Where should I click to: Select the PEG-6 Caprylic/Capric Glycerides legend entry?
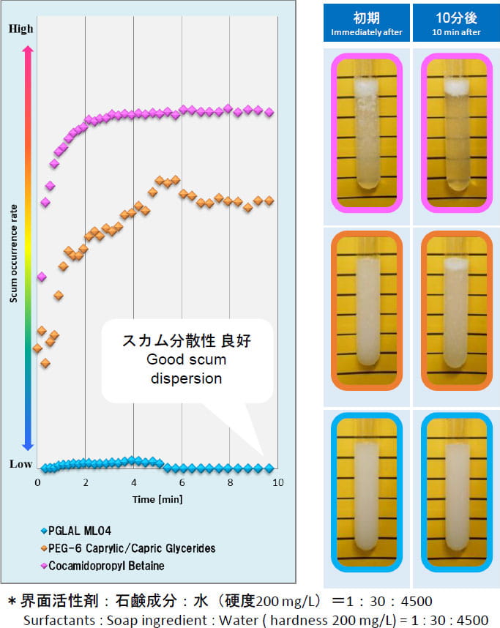tap(132, 547)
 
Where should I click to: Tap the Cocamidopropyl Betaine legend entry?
tap(106, 565)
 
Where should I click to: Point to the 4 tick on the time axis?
tap(133, 483)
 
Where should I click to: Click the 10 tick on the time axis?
tap(277, 483)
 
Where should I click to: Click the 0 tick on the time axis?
tap(38, 483)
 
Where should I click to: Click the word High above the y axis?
tap(20, 29)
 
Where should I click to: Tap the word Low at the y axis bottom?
tap(20, 463)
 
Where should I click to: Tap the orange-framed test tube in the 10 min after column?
tap(455, 310)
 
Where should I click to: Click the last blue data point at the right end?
tap(269, 468)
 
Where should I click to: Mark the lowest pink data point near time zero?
tap(42, 277)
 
